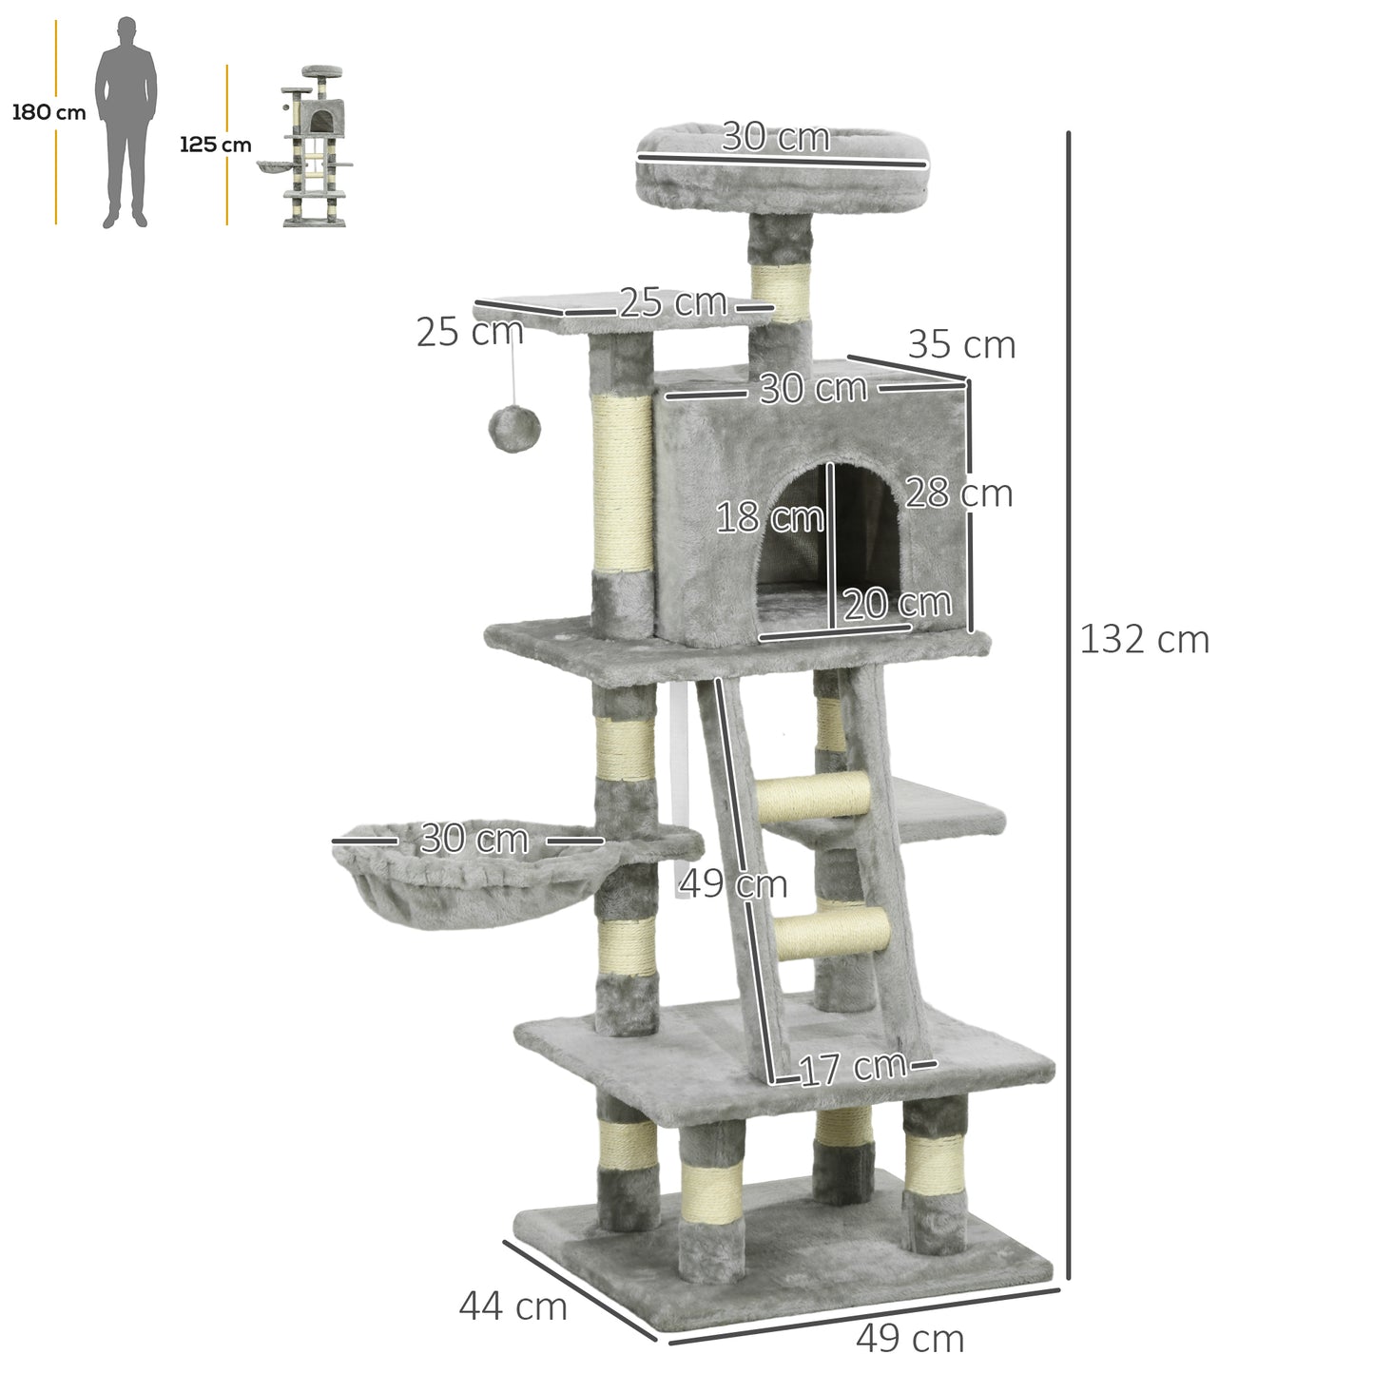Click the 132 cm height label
[1144, 640]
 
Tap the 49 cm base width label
[910, 1339]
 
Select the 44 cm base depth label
[513, 1306]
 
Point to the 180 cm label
[48, 113]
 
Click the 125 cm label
[216, 145]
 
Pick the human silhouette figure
[126, 122]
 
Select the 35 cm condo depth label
[961, 344]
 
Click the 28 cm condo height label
[958, 493]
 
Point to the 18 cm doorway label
[769, 518]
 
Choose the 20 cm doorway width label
[897, 603]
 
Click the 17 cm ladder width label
[852, 1068]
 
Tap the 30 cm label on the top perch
[776, 138]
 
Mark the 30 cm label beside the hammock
[474, 839]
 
